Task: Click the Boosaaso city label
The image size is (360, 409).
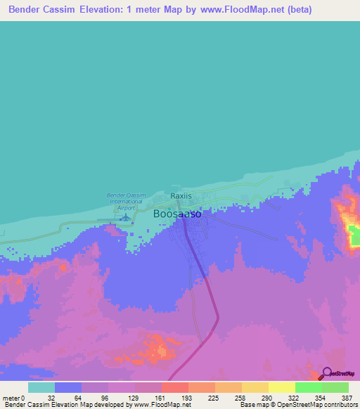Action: (x=177, y=213)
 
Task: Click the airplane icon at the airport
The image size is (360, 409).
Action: (x=125, y=218)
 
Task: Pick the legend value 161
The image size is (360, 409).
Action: (x=174, y=398)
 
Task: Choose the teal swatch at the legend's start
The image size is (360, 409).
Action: (x=41, y=387)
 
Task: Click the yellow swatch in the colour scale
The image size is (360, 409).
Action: (x=281, y=387)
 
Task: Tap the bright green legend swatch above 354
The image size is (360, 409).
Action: (x=308, y=387)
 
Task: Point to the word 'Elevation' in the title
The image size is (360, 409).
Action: (x=104, y=10)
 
